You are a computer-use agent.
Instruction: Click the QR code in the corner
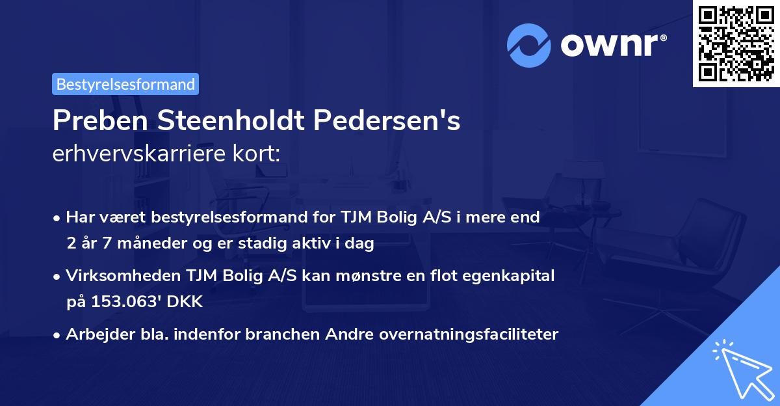click(736, 44)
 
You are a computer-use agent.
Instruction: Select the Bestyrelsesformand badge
click(125, 84)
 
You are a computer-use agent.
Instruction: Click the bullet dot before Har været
click(58, 218)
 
